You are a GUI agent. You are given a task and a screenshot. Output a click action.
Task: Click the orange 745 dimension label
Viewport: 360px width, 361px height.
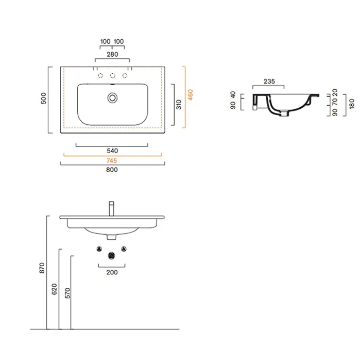[x=112, y=160]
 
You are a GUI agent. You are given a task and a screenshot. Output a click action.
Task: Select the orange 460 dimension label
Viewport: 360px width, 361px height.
[x=191, y=95]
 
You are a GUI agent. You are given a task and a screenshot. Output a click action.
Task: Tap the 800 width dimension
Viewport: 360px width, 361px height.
[x=112, y=170]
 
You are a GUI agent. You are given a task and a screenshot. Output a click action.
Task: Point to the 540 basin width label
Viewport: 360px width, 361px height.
[x=112, y=151]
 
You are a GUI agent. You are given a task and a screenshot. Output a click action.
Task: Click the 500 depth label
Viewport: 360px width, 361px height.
[x=43, y=99]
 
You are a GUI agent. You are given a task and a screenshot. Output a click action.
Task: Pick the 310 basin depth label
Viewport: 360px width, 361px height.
[x=179, y=105]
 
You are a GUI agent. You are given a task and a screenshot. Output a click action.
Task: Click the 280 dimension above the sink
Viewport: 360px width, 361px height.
[x=112, y=54]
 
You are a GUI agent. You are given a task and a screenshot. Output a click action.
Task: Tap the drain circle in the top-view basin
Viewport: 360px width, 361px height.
[x=112, y=98]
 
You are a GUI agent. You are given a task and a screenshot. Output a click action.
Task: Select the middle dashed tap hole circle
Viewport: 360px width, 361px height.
[x=112, y=75]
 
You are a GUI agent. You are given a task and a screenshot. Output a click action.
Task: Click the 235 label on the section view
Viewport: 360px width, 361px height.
[x=269, y=81]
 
